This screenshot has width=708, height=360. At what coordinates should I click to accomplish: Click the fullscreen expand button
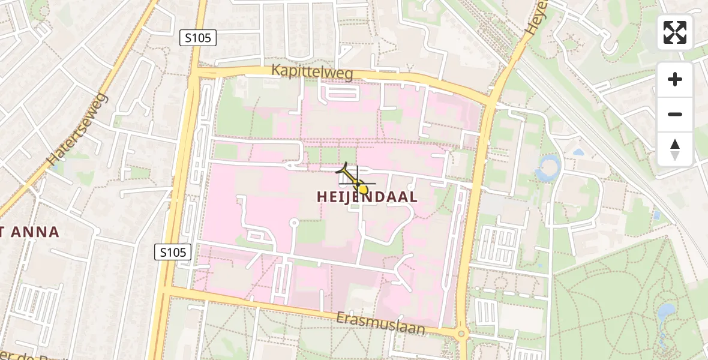click(x=675, y=32)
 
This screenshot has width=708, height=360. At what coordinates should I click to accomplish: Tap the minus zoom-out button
click(x=675, y=114)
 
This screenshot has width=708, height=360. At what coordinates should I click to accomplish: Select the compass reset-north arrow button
click(x=675, y=149)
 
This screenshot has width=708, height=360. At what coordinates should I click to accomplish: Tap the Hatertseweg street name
click(x=77, y=130)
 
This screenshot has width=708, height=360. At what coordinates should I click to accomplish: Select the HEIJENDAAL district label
click(x=367, y=197)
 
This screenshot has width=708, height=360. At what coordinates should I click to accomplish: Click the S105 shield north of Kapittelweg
click(x=198, y=38)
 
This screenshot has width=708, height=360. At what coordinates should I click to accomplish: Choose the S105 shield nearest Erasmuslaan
click(x=173, y=253)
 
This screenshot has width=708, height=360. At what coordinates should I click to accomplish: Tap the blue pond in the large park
click(x=666, y=312)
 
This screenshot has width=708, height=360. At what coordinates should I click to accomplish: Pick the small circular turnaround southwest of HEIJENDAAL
click(x=294, y=223)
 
